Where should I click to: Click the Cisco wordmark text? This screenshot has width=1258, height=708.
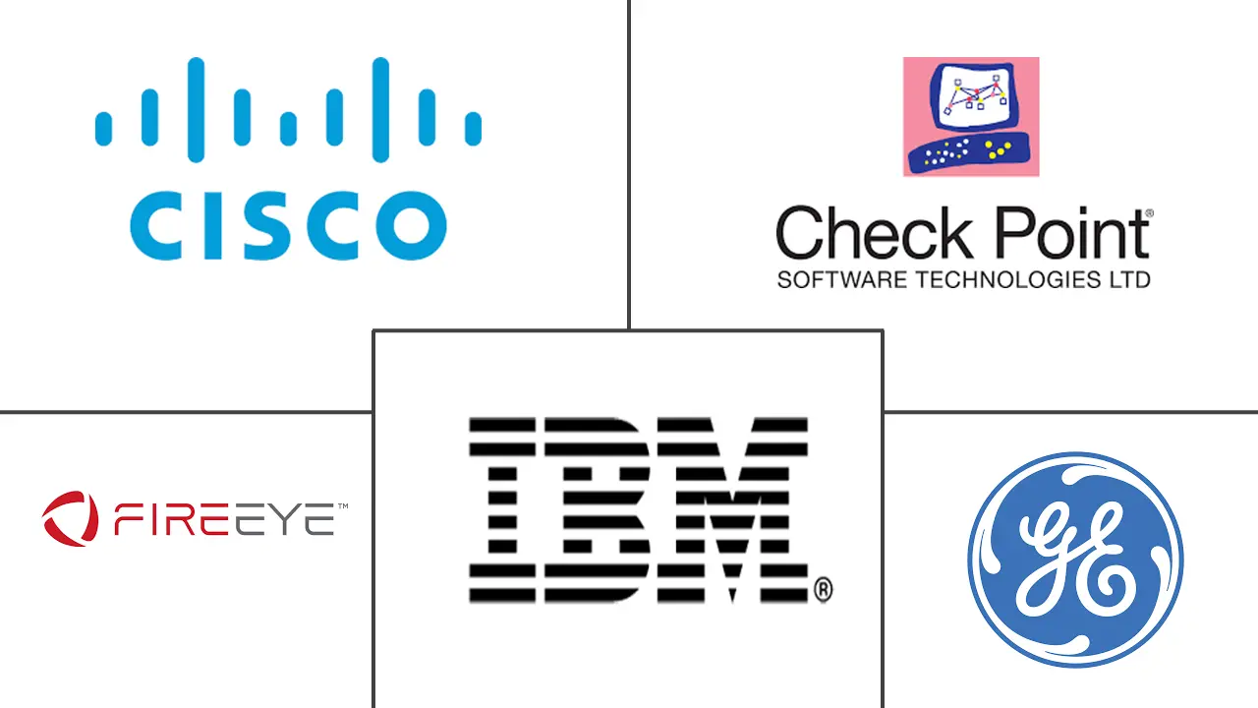[288, 225]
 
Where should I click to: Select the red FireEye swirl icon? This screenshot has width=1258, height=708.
[70, 518]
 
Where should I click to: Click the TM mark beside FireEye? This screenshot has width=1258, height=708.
[343, 506]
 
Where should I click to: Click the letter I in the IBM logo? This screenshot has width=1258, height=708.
[502, 510]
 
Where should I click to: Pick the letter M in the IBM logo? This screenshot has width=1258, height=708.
[733, 510]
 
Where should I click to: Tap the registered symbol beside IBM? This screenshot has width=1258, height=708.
[824, 589]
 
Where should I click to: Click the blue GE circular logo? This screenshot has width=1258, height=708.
[1075, 560]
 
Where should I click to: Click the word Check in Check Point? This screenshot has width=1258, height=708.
[874, 232]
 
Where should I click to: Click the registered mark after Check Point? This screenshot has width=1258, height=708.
[1149, 213]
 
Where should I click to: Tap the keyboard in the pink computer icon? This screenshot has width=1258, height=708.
[970, 152]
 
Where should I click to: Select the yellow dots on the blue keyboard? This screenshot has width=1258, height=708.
[998, 149]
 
